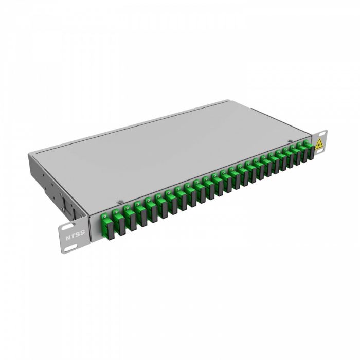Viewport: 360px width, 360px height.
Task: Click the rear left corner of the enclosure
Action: [30, 153]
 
